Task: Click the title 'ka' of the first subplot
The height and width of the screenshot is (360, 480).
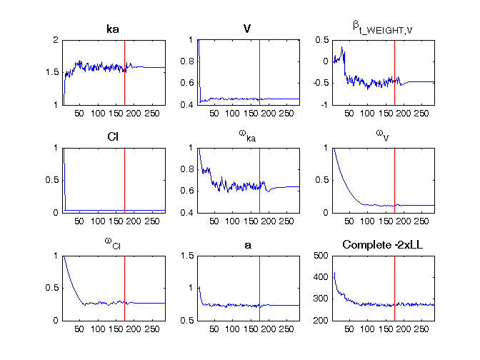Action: coord(113,31)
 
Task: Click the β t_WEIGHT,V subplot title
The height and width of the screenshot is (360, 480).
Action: coord(379,28)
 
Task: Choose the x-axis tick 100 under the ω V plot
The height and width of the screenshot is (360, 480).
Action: coord(367,220)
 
